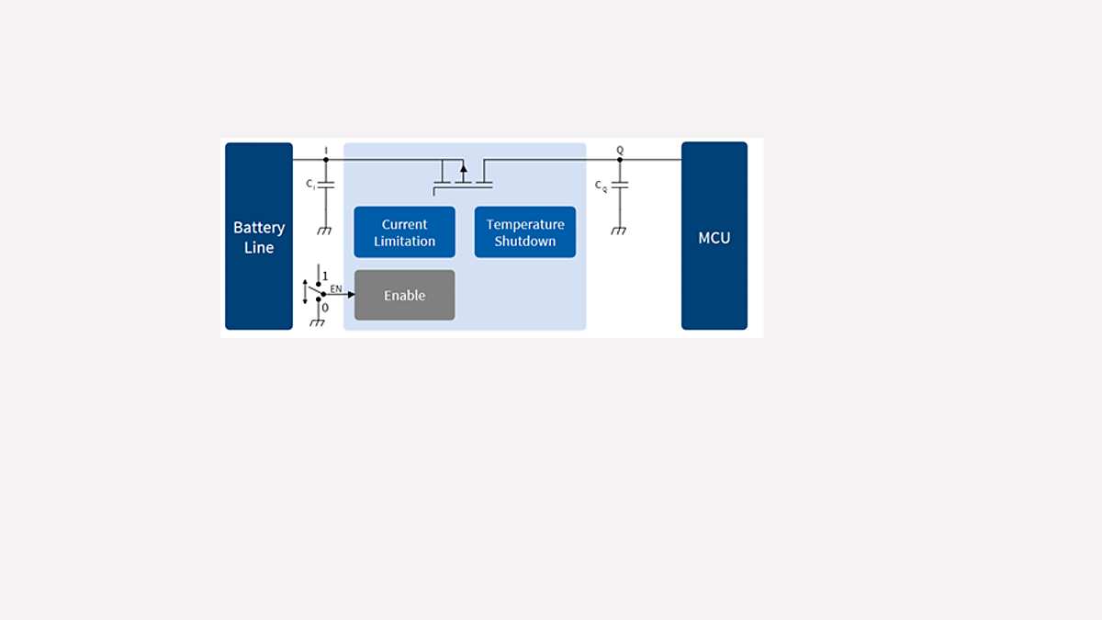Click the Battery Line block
pos(259,236)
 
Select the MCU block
pos(714,236)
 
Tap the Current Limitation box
pos(404,232)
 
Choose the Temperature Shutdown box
pos(525,232)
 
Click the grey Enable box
pos(404,295)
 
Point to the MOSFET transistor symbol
pos(463,175)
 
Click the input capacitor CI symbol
pos(325,185)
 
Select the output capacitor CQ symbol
pos(619,185)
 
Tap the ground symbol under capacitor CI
pos(324,231)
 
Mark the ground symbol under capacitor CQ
pos(619,231)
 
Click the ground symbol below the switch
pos(318,321)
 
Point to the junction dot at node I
pos(326,160)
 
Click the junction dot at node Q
pos(620,160)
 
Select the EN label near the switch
pos(335,288)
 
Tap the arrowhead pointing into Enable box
pos(351,295)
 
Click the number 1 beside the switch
pos(325,276)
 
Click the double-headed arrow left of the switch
pos(305,291)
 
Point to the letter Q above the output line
pos(620,150)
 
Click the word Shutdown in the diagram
pos(525,242)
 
